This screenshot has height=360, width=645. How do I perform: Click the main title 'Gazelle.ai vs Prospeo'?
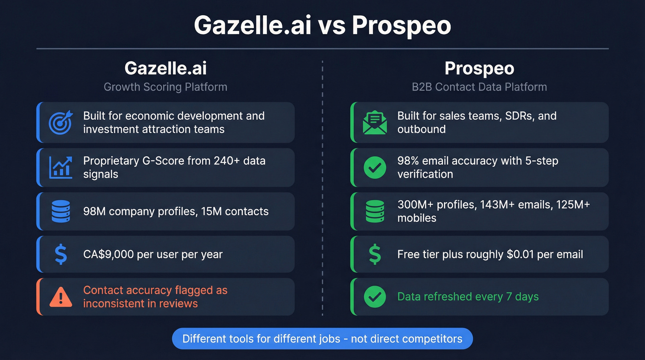322,25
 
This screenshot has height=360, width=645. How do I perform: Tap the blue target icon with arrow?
61,122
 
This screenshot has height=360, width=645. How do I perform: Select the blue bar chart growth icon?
61,167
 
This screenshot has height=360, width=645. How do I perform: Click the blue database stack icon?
61,212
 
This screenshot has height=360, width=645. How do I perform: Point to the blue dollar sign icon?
61,254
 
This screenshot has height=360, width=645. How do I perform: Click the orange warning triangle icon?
61,297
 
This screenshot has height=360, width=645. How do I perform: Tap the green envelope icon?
375,122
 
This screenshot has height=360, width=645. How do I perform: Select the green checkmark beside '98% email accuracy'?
375,167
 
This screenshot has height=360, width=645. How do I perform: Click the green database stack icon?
375,212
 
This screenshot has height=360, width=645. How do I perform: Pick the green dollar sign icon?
375,254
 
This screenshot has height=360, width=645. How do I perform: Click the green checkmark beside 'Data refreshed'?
375,297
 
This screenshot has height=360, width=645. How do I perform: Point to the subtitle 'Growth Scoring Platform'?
165,87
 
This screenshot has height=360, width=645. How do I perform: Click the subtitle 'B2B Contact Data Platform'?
479,87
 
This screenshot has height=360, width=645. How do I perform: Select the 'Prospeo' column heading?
479,69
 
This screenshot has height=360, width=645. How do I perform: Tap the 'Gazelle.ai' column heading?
165,69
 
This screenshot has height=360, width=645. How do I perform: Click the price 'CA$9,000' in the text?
108,254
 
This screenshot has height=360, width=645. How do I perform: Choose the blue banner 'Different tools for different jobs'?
322,339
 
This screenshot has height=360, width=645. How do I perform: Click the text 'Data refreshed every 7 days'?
468,297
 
